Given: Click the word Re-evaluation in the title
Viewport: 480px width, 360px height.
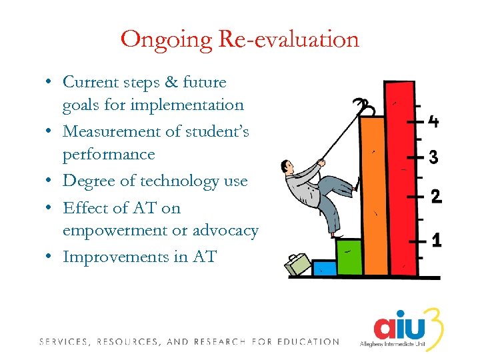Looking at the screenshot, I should (289, 39).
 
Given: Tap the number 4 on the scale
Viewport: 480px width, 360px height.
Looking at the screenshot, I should (433, 122).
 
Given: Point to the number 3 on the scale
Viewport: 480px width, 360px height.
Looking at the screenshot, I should (433, 157).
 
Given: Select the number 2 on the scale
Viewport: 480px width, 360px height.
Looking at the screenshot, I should (436, 197).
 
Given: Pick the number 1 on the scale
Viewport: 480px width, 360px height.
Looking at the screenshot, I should (436, 239).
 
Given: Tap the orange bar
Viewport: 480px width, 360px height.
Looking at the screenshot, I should (373, 200).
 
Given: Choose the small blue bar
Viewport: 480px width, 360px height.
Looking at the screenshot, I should (324, 267).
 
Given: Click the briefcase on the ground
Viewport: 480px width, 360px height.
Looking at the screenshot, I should (298, 263).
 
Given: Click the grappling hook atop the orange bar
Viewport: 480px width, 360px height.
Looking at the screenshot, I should (365, 107).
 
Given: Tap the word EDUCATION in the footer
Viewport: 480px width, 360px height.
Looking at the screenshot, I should (309, 342).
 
